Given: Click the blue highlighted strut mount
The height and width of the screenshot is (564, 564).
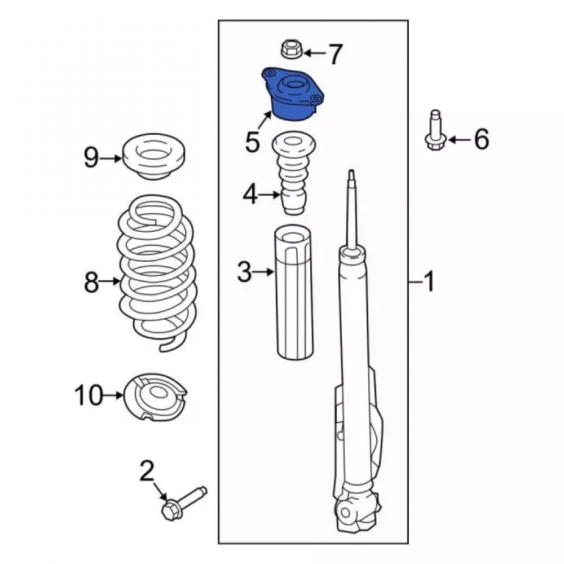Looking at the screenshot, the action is [292, 94].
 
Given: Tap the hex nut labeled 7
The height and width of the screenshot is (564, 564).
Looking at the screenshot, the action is [290, 50].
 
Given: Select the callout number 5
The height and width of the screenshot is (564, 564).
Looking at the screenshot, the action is [253, 142].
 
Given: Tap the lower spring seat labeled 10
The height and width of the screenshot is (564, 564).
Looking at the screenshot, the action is [155, 396].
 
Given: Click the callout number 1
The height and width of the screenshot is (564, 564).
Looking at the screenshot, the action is [429, 281].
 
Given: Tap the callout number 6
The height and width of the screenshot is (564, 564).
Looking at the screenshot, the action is [481, 139].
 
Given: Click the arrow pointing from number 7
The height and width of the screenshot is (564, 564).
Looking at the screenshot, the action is [314, 54].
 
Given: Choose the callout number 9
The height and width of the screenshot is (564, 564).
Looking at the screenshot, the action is [91, 157].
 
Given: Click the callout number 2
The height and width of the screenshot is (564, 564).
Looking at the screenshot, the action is [147, 471].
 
